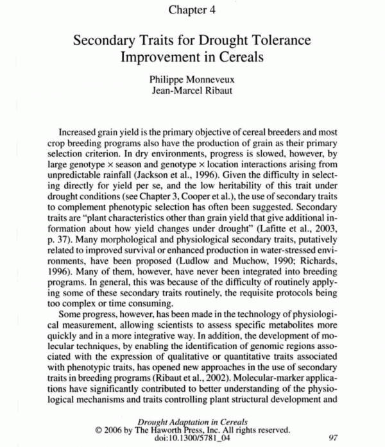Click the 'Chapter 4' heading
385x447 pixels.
192,10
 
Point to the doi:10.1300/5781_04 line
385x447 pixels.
192,438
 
